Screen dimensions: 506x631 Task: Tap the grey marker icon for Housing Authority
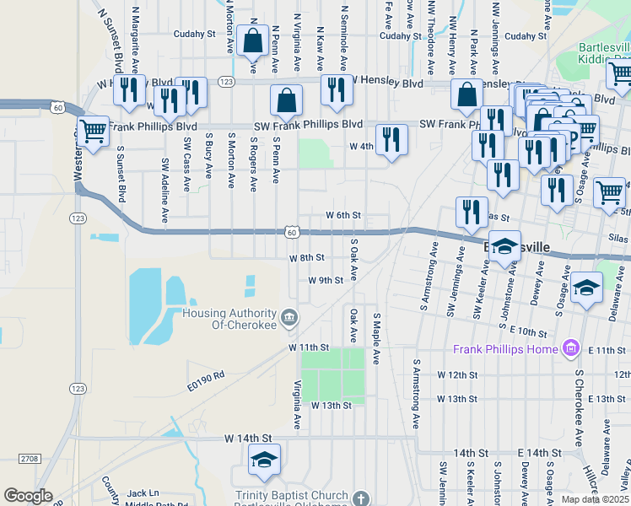[290, 317]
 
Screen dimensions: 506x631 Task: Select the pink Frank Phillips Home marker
[571, 347]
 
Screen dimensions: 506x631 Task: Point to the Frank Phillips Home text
[505, 349]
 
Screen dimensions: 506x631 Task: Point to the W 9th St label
[326, 280]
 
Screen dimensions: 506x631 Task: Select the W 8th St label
[307, 258]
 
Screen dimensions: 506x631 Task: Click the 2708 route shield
[28, 458]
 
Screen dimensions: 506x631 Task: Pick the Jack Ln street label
[143, 493]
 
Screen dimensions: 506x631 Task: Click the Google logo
[28, 496]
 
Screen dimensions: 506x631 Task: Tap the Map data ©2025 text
[595, 499]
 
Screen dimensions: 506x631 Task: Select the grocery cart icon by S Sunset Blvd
[93, 132]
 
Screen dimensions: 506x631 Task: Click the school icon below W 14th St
[264, 460]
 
